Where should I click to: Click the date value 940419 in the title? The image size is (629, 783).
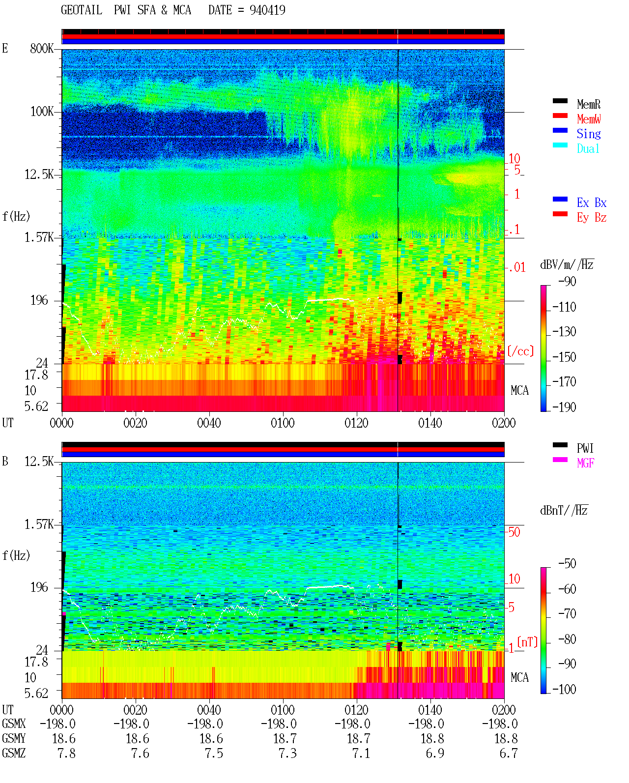click(267, 10)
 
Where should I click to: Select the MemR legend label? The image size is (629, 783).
click(588, 104)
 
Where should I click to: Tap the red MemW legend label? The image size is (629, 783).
click(588, 119)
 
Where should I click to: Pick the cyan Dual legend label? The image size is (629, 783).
click(588, 148)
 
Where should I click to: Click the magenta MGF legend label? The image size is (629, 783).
click(585, 463)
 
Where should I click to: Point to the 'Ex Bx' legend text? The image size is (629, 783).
click(592, 203)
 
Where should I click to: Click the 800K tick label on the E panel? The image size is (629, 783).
click(42, 48)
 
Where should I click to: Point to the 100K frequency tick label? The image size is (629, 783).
click(42, 112)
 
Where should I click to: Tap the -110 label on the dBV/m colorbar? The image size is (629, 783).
click(564, 307)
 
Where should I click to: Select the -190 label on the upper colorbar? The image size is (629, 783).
click(564, 407)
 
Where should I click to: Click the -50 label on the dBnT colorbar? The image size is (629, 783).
click(567, 564)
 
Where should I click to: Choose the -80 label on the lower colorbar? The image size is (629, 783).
click(567, 639)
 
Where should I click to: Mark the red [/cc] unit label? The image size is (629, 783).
click(520, 351)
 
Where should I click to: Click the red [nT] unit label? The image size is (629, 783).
click(527, 642)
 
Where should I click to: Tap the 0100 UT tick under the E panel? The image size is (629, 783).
click(283, 423)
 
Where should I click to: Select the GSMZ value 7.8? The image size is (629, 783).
click(66, 753)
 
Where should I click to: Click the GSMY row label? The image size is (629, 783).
click(14, 739)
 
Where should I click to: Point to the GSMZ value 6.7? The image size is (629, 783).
click(509, 753)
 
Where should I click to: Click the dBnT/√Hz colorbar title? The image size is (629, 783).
click(564, 511)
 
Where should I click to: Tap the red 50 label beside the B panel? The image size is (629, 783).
click(514, 532)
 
